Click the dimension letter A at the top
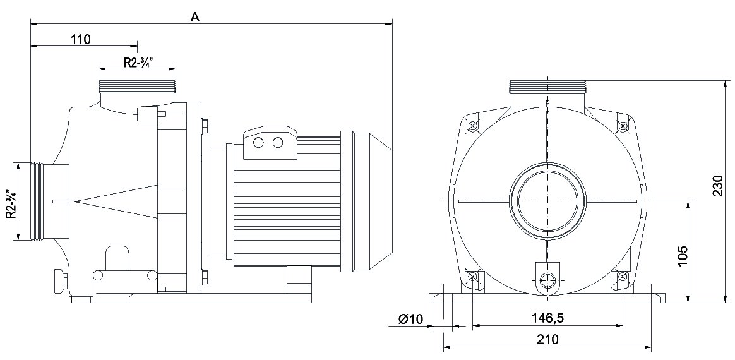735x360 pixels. tap(196, 18)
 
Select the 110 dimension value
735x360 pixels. tap(81, 39)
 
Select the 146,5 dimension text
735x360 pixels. tap(547, 318)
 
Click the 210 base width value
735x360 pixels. tap(547, 340)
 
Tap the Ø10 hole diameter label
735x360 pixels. tap(411, 319)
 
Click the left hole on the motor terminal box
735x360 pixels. tap(258, 143)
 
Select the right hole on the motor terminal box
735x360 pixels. tap(278, 143)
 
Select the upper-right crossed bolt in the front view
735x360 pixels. tap(623, 126)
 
